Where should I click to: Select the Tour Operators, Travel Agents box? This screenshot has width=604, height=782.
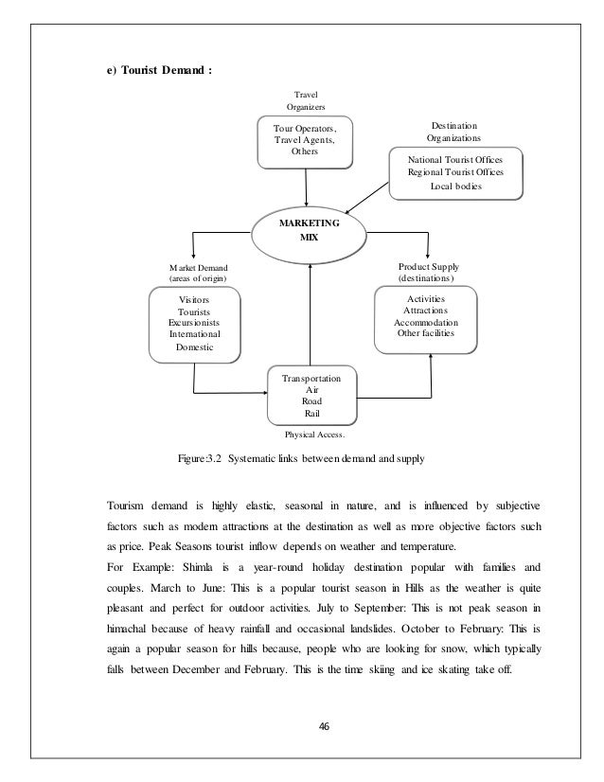pos(304,140)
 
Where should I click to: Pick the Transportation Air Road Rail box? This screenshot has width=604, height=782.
pos(312,395)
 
